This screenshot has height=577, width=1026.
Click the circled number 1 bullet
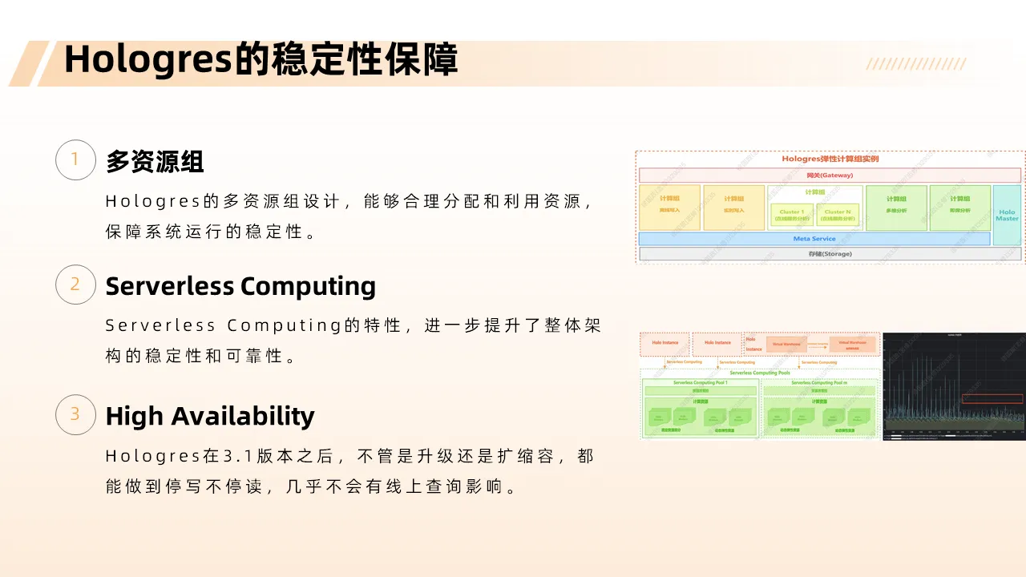point(75,159)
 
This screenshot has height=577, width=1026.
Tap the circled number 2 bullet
point(75,284)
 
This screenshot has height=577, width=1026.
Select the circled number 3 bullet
point(75,414)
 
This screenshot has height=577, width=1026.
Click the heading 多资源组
point(155,161)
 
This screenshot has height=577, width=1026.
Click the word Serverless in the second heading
point(169,286)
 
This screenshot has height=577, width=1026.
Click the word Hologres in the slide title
point(147,60)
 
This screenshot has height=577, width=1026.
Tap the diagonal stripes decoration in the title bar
point(916,64)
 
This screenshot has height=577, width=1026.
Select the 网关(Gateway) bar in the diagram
point(830,175)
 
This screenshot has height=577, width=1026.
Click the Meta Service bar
point(814,239)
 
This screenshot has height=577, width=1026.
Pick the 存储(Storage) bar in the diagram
point(830,254)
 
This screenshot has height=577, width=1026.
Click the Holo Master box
point(1007,216)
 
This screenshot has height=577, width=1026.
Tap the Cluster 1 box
point(791,215)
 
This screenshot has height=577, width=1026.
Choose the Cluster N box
point(838,215)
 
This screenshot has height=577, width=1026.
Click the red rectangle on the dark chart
point(992,398)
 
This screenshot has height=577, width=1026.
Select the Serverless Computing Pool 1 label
point(700,383)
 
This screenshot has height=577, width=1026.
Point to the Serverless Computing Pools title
point(759,373)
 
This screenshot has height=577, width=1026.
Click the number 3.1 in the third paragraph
point(238,456)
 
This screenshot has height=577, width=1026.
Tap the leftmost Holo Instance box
point(664,343)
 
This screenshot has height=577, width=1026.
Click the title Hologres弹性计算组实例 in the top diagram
point(830,159)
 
